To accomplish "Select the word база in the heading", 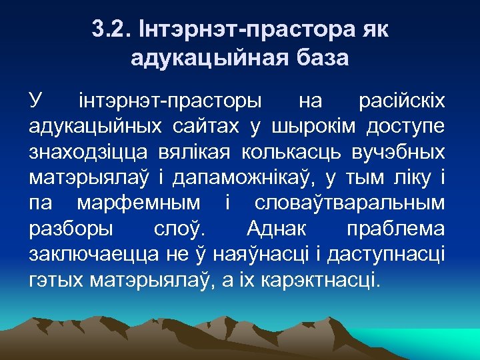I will (319, 58).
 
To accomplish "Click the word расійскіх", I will (403, 102).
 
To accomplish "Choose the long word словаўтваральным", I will (350, 203).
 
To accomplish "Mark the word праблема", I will (396, 229).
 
